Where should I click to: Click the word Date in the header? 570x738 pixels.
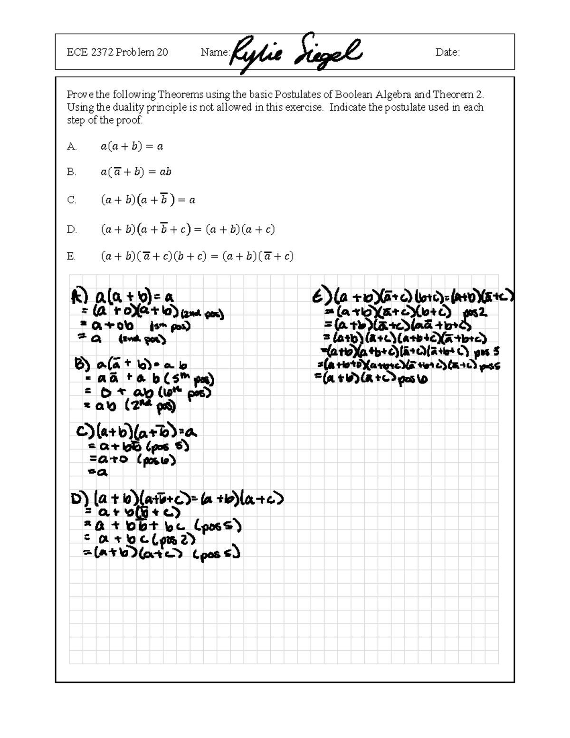tap(447, 52)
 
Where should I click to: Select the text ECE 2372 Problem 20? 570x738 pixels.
tap(117, 52)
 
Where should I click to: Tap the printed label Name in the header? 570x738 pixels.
tap(215, 52)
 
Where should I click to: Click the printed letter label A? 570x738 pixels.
tap(72, 147)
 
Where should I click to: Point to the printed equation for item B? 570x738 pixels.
tap(136, 172)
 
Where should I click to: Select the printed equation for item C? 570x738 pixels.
tap(148, 200)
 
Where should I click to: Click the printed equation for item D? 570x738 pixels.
tap(188, 230)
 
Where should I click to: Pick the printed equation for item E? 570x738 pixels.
tap(197, 257)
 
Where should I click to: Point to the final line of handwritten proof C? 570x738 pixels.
tap(98, 472)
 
